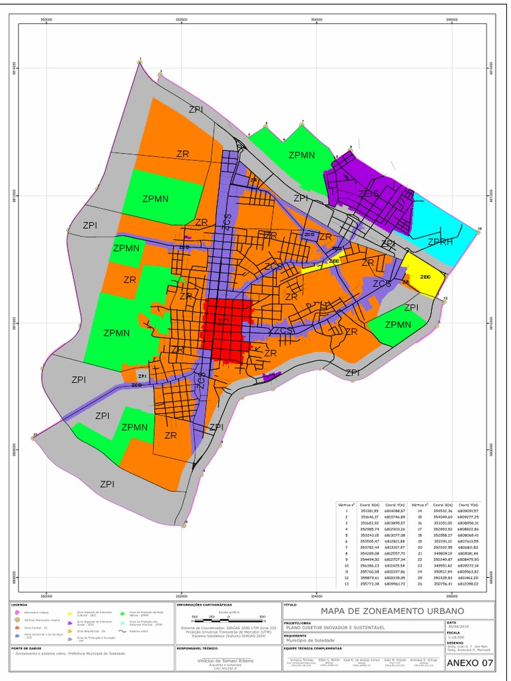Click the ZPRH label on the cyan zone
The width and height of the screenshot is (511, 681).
[x=440, y=241]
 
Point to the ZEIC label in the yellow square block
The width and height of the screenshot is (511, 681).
[x=426, y=276]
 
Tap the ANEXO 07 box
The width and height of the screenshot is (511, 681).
[x=470, y=662]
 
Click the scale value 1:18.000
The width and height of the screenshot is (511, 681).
[x=456, y=636]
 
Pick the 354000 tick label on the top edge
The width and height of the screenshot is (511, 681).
[x=317, y=20]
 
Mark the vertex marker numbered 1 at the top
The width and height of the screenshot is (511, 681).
[x=140, y=62]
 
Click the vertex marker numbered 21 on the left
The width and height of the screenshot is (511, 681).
[x=33, y=437]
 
